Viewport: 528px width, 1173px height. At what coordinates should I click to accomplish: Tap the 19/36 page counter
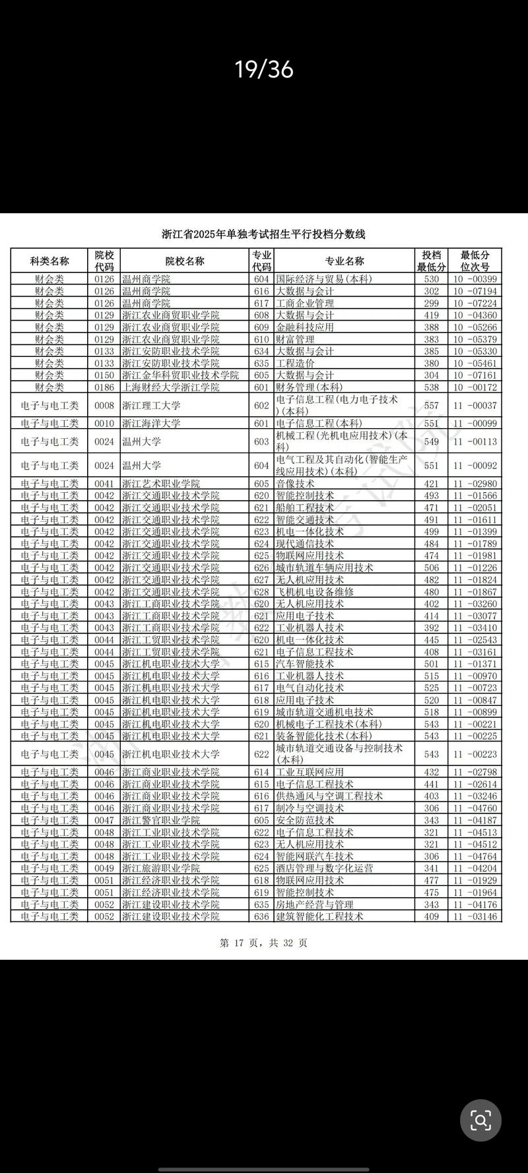coord(264,69)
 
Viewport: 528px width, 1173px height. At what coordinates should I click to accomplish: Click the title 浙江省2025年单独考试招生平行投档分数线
coord(263,234)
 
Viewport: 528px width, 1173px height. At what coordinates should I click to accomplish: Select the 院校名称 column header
coord(185,261)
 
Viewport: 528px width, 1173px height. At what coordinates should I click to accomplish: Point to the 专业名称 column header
coord(344,261)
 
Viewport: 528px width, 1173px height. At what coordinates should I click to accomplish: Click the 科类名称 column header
coord(49,261)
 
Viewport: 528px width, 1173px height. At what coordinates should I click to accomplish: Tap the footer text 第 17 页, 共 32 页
coord(263,943)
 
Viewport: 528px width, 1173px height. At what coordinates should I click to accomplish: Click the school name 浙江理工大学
coord(151,405)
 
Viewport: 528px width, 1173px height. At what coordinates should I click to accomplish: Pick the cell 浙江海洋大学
coord(151,424)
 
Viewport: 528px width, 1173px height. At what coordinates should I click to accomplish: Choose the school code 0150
coord(104,375)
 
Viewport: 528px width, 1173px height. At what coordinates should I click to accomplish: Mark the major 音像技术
coord(295,484)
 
